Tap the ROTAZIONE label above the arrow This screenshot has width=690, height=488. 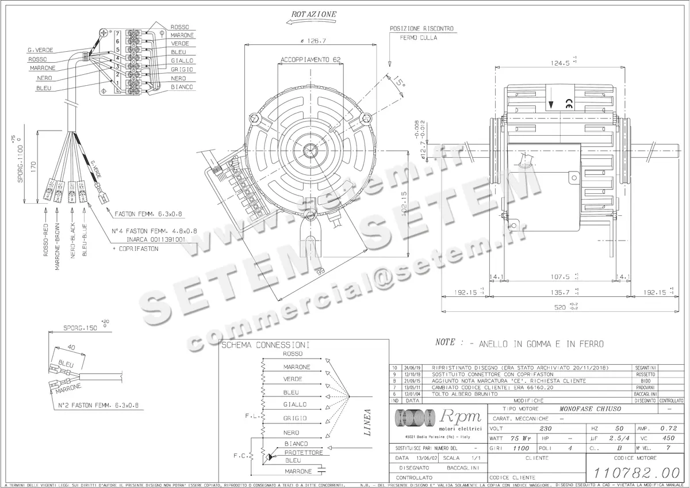click(x=314, y=14)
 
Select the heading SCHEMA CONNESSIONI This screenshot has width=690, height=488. click(x=266, y=345)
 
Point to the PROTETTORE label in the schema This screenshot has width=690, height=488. click(x=304, y=452)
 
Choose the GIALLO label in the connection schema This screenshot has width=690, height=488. click(x=295, y=405)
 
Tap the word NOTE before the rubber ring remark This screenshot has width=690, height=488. click(x=446, y=342)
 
